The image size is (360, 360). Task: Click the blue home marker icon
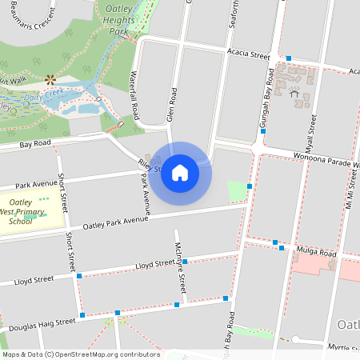click(x=180, y=173)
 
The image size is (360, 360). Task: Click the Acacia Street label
click(x=248, y=56)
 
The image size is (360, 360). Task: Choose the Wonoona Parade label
click(x=325, y=159)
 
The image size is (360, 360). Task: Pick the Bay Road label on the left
click(x=36, y=144)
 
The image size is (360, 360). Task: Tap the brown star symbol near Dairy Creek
click(x=50, y=79)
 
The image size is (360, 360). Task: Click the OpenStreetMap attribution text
click(x=80, y=354)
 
